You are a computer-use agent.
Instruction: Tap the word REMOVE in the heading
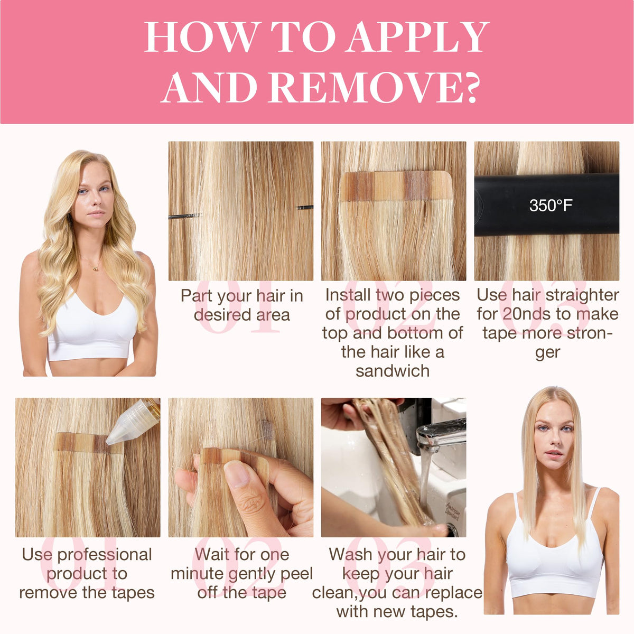pyautogui.click(x=368, y=87)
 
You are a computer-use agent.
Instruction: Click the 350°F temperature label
pyautogui.click(x=551, y=206)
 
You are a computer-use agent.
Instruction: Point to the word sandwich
pyautogui.click(x=393, y=371)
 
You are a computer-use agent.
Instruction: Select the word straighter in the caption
pyautogui.click(x=582, y=295)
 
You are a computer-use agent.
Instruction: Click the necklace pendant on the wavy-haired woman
pyautogui.click(x=95, y=269)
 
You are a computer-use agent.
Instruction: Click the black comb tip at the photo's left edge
pyautogui.click(x=184, y=216)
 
